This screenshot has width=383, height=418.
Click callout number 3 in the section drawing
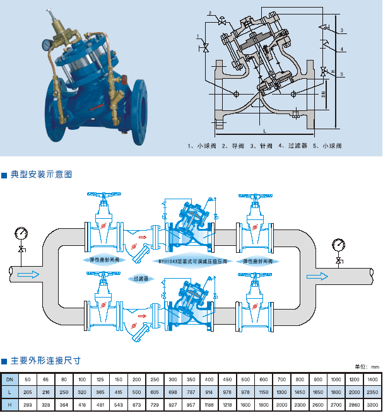341,30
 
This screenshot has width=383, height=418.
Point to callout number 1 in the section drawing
198,36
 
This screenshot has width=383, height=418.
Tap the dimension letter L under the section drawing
264,130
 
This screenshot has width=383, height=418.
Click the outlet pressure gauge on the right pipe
339,243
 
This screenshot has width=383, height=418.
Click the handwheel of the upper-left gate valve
103,197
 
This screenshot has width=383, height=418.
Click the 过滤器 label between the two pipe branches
139,277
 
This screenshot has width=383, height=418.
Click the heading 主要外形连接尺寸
45,361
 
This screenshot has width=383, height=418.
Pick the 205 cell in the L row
27,392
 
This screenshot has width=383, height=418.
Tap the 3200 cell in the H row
372,403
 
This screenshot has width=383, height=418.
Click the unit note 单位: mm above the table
366,367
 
